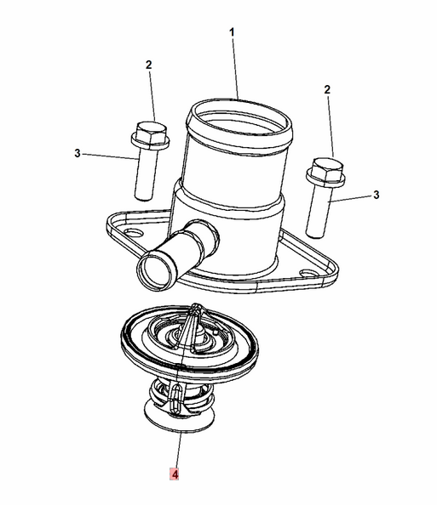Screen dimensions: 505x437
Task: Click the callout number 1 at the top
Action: pyautogui.click(x=230, y=31)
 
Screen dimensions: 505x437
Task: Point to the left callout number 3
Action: pyautogui.click(x=77, y=154)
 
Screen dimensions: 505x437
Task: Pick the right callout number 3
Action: pyautogui.click(x=376, y=196)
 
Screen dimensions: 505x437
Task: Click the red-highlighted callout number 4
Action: pyautogui.click(x=174, y=474)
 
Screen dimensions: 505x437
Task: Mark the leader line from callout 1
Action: pyautogui.click(x=234, y=68)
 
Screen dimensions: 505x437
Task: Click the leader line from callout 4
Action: pyautogui.click(x=176, y=446)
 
